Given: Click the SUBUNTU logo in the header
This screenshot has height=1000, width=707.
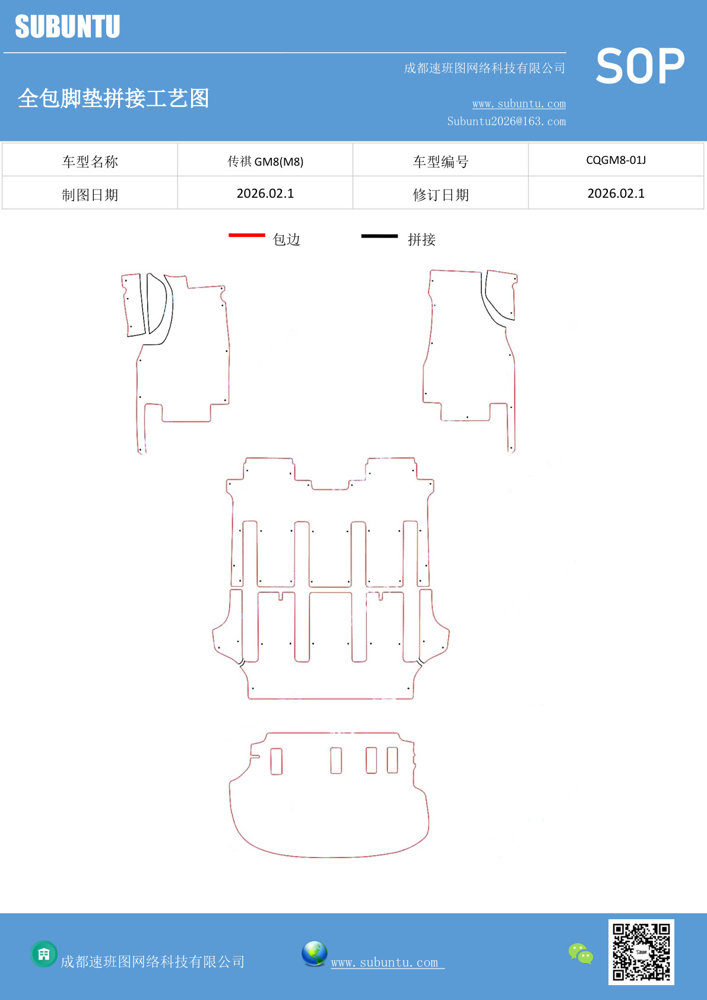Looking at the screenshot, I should tap(68, 27).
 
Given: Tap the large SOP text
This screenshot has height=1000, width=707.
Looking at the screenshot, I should tap(640, 67).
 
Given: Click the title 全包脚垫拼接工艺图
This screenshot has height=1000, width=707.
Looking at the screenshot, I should tap(113, 98).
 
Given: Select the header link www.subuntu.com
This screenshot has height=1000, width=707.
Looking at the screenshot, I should tap(519, 104).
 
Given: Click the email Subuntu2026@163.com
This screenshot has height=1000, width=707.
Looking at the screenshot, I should tap(506, 121).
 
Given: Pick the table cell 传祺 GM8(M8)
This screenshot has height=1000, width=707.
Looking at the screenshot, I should tap(265, 161).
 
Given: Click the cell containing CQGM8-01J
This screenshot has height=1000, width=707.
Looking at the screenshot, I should tap(616, 160).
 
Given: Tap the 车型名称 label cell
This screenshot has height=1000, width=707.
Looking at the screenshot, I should tap(90, 162).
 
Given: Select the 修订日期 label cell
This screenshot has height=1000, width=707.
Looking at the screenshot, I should tap(440, 195).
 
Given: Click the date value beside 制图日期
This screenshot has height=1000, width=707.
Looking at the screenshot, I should tap(265, 194).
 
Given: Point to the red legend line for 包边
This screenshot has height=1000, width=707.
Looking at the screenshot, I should tap(247, 235).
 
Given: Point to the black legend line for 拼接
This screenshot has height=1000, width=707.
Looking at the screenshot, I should tap(379, 236).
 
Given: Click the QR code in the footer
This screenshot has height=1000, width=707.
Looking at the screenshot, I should tap(641, 952).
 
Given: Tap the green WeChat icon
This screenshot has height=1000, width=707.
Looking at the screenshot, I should tap(581, 954).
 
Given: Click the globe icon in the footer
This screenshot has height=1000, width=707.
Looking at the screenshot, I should tap(315, 953).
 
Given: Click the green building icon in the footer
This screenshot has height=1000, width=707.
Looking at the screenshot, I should tap(44, 954).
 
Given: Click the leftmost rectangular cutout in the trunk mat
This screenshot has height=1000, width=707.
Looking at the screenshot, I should tap(276, 761).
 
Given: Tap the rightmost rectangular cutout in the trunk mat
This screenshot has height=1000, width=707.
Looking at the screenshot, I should tap(392, 760).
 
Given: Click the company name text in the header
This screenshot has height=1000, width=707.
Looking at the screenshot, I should tap(484, 68).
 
